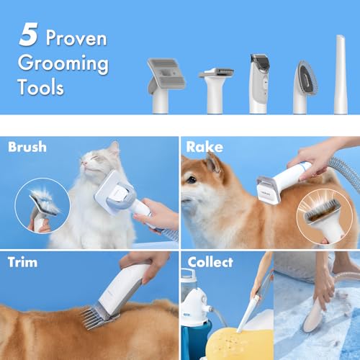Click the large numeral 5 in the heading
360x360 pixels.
click(28, 35)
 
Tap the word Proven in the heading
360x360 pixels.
click(76, 38)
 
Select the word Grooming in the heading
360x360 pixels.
click(63, 64)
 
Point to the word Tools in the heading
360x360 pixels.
click(41, 87)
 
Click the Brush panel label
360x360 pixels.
click(27, 147)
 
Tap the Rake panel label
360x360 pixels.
click(204, 147)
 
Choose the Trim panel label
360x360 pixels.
click(22, 262)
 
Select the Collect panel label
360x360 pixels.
click(210, 262)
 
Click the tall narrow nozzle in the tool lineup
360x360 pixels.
click(341, 74)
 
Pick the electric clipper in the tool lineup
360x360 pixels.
click(259, 84)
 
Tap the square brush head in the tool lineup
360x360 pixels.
click(166, 85)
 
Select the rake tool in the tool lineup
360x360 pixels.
click(216, 90)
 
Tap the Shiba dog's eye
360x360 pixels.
click(192, 179)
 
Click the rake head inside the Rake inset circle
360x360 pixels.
click(323, 210)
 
